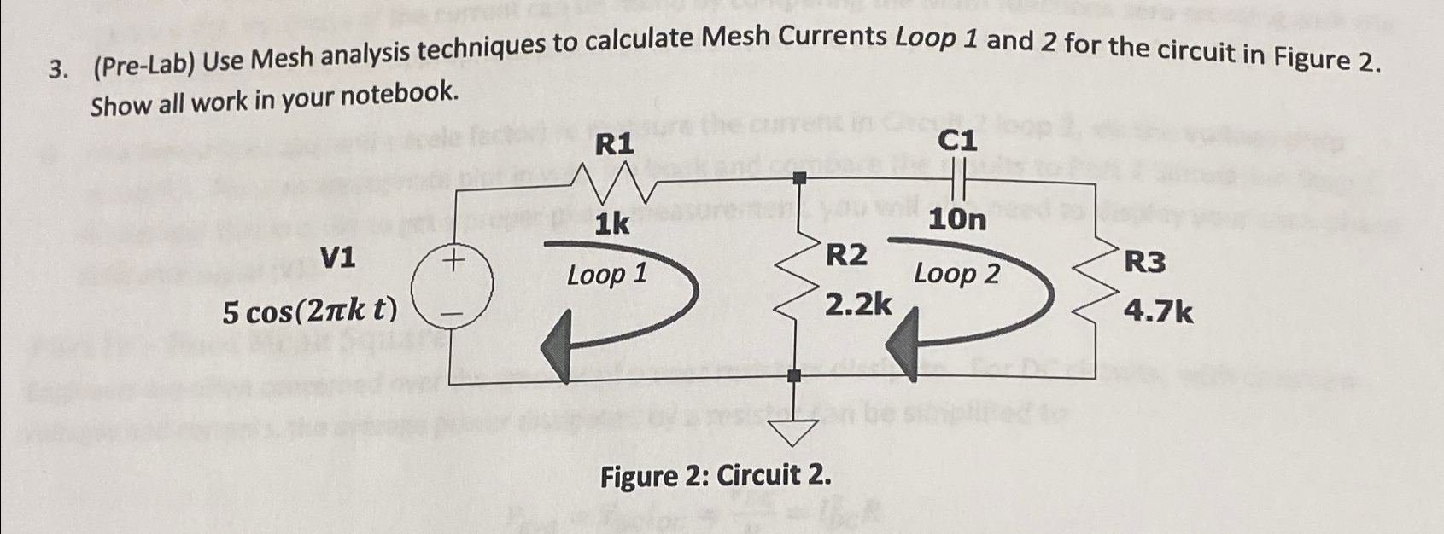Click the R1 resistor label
[614, 145]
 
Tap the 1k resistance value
[612, 224]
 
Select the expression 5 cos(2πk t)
[310, 312]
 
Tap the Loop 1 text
[607, 275]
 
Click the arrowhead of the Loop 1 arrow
[558, 346]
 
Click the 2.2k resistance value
[858, 303]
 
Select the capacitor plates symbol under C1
[957, 183]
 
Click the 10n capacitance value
[957, 221]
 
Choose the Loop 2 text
[956, 274]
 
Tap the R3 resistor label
[1144, 262]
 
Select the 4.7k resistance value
[1158, 313]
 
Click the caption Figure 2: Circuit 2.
[716, 475]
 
